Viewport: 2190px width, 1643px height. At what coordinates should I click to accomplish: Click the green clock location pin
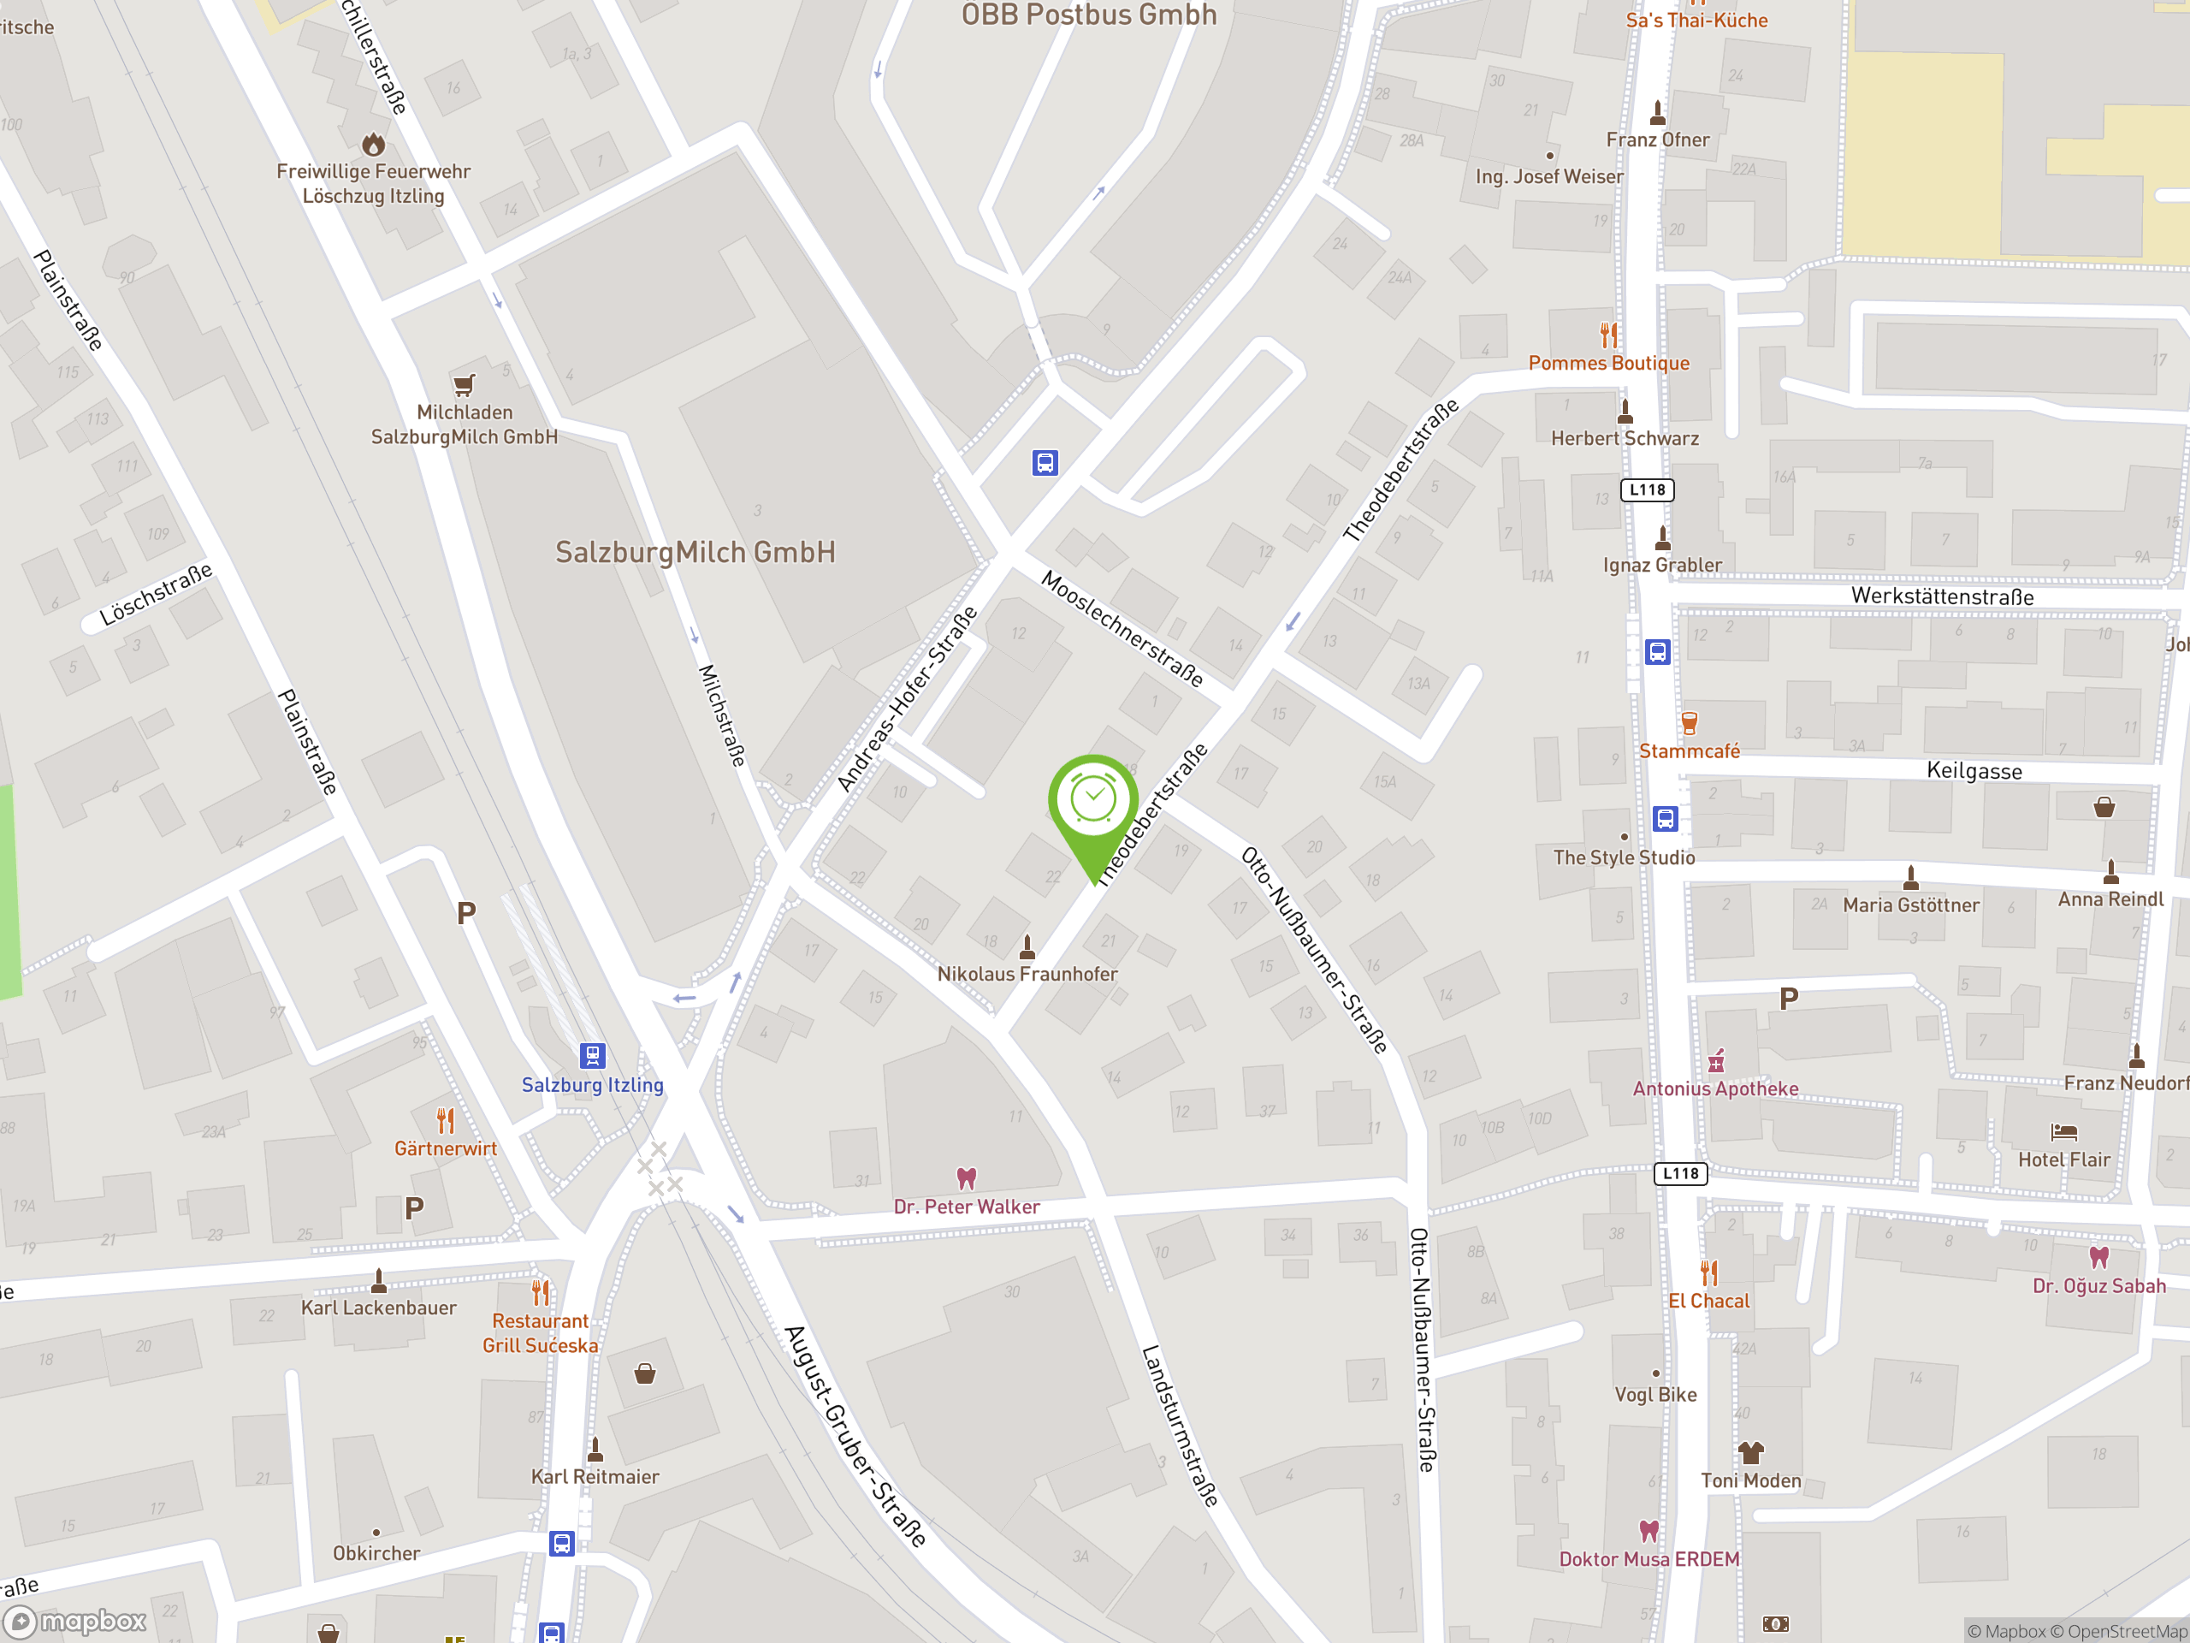(1093, 801)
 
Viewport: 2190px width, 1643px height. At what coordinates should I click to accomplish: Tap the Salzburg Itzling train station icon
(592, 1055)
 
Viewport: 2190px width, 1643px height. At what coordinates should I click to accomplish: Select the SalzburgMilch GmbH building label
(695, 553)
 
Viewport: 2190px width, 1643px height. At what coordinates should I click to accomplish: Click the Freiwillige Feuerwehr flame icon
(373, 145)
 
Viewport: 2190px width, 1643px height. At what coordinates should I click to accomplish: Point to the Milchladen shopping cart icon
(465, 384)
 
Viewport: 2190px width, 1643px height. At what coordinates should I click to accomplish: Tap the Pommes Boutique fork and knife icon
(1609, 335)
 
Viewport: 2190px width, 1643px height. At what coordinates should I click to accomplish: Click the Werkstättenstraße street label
(1943, 596)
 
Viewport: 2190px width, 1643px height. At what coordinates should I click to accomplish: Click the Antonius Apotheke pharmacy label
(1716, 1088)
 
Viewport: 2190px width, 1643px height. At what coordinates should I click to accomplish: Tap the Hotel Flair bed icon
(2063, 1131)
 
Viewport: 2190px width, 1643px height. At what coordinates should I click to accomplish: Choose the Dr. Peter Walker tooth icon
(967, 1178)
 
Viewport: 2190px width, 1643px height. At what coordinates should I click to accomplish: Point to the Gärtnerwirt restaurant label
(446, 1148)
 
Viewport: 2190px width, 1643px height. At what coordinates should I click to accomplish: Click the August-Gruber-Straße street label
(855, 1436)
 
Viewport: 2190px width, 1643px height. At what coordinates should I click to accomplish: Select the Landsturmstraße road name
(1179, 1427)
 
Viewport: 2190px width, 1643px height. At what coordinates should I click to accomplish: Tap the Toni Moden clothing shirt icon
(1750, 1453)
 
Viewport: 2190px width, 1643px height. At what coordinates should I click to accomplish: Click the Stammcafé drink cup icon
(1689, 723)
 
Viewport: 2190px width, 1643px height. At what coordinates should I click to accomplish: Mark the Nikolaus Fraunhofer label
(1027, 974)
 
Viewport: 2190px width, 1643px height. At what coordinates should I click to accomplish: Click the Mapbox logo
(77, 1622)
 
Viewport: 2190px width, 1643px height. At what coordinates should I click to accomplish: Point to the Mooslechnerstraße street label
(1122, 628)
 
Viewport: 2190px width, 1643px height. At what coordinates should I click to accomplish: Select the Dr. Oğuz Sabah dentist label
(2099, 1285)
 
